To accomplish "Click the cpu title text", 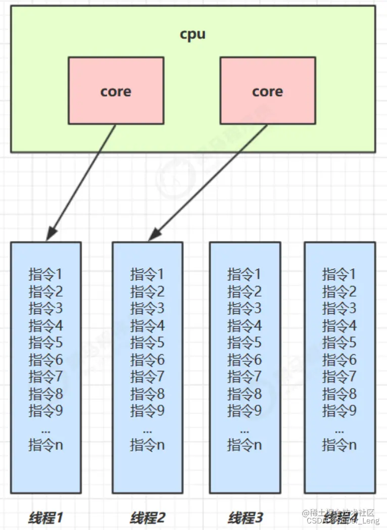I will (x=192, y=35).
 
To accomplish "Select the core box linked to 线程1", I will (x=116, y=90).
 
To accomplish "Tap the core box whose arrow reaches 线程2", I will (x=267, y=90).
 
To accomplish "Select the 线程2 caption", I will (x=148, y=517).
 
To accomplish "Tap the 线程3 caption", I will (x=245, y=517).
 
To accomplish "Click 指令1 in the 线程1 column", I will (x=45, y=274).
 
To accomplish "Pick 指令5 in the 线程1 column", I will (x=45, y=343).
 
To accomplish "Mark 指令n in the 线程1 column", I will (x=45, y=445).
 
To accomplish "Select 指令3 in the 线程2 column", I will (x=147, y=308).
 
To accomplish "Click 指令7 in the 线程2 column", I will (x=147, y=376).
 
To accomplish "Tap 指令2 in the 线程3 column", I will (x=245, y=292).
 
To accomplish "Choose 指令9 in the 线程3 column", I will (x=245, y=411).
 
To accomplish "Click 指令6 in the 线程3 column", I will (x=245, y=360).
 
